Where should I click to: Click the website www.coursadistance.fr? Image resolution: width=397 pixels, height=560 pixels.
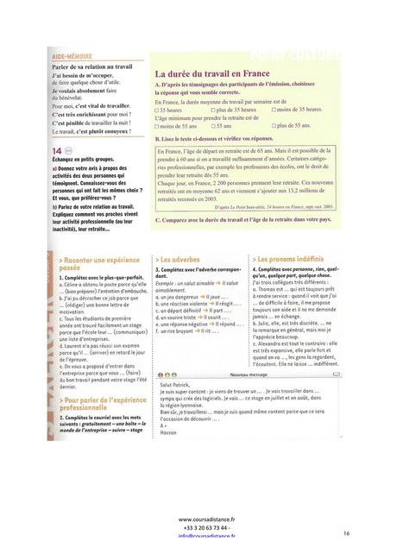[x=198, y=519]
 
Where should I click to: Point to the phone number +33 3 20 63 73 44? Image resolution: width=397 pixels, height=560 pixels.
[x=198, y=527]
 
